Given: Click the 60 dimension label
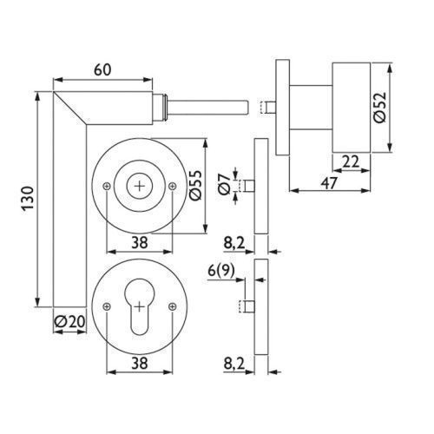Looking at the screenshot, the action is tap(102, 69).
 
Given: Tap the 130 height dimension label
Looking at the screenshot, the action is tap(28, 199).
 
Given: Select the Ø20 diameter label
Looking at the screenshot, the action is tap(70, 321).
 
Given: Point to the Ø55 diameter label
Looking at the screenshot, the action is tap(195, 185).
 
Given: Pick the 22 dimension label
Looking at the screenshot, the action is tap(351, 161).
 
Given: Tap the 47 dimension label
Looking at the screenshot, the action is tap(329, 182).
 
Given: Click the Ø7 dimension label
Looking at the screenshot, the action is tap(225, 185).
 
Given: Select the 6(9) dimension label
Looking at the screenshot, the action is tap(221, 271).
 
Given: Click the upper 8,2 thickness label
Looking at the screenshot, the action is tap(234, 244).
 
